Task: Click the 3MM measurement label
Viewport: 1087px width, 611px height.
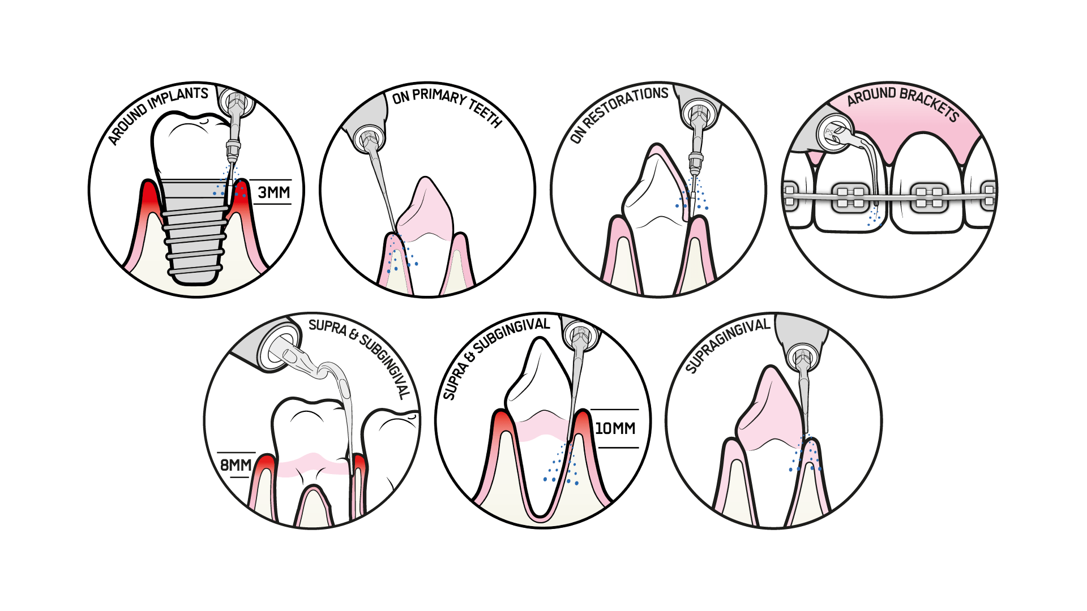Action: click(x=274, y=193)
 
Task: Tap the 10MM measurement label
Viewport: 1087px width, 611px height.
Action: click(x=615, y=428)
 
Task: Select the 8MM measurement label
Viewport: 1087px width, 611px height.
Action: click(x=236, y=465)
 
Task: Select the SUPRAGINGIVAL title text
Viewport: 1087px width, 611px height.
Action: click(x=727, y=345)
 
